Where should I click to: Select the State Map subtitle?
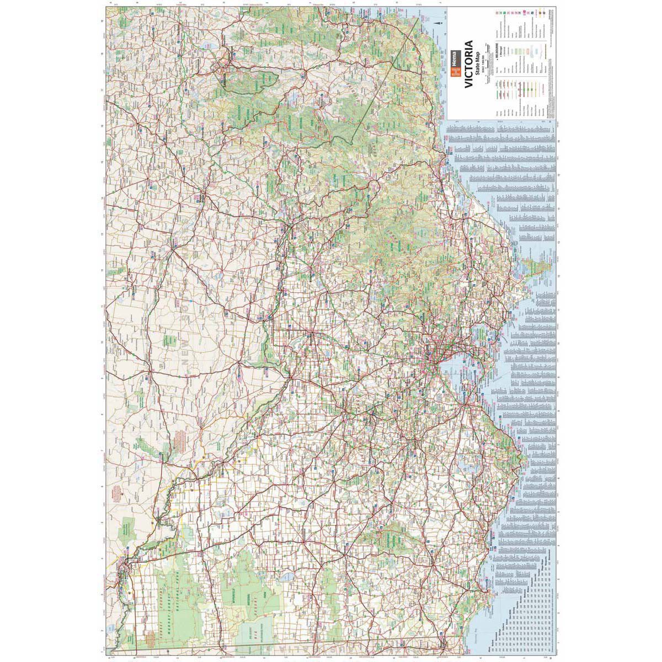pos(478,63)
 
